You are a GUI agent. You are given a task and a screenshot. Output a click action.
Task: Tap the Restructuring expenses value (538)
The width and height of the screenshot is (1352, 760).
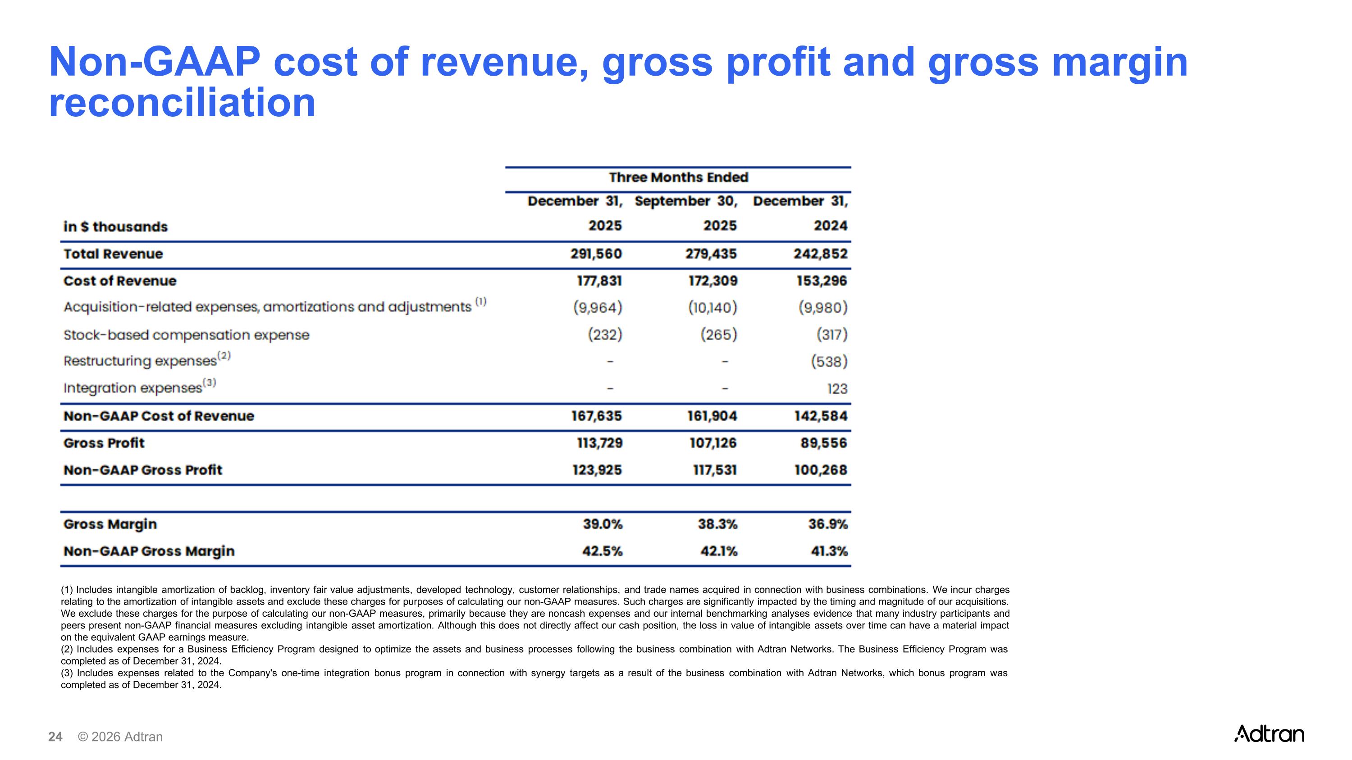pyautogui.click(x=829, y=361)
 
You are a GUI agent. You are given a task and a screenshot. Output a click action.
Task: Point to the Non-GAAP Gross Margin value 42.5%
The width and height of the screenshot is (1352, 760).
pyautogui.click(x=602, y=551)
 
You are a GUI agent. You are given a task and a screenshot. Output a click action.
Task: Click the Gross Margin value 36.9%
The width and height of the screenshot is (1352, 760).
pyautogui.click(x=828, y=524)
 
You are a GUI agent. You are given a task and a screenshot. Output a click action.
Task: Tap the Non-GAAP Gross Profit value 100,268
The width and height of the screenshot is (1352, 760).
pyautogui.click(x=820, y=470)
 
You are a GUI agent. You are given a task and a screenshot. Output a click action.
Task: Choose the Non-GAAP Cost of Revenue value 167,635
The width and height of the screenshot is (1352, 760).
pyautogui.click(x=596, y=416)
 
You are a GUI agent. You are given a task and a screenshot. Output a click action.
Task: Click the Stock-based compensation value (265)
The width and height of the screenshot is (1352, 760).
pyautogui.click(x=718, y=335)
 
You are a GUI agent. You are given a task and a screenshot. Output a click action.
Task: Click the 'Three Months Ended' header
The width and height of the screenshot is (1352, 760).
pyautogui.click(x=678, y=177)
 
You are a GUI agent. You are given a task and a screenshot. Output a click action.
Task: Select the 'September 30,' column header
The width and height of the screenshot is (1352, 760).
pyautogui.click(x=685, y=201)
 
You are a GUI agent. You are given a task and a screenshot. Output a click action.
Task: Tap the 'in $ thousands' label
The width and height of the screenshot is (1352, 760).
pyautogui.click(x=115, y=227)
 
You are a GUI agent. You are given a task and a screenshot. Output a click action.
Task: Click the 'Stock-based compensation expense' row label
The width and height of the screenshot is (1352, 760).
pyautogui.click(x=186, y=335)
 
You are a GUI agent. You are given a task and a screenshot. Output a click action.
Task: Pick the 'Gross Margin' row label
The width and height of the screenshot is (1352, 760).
pyautogui.click(x=110, y=524)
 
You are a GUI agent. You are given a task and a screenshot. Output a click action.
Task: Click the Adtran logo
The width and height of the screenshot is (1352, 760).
pyautogui.click(x=1269, y=734)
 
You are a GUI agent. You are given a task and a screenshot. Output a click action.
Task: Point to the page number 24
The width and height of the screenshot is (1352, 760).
pyautogui.click(x=55, y=737)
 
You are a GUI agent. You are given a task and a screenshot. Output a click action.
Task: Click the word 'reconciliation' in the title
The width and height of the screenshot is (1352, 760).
pyautogui.click(x=182, y=102)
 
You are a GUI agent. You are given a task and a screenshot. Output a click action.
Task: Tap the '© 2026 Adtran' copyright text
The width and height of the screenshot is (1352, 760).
pyautogui.click(x=120, y=737)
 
